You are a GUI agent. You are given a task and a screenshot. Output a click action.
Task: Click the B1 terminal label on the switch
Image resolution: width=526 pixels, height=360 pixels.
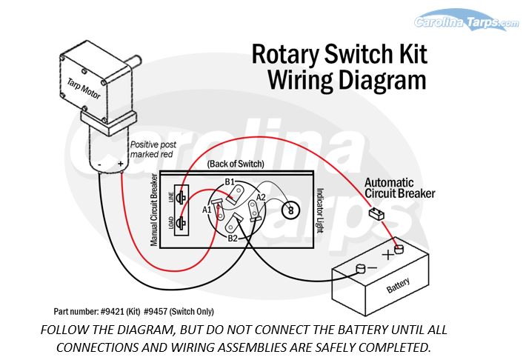pos(230,181)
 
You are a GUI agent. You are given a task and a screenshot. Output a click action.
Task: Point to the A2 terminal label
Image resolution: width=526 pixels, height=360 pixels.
pos(261,197)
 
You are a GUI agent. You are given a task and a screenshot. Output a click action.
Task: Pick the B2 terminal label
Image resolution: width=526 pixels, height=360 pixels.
pos(233,239)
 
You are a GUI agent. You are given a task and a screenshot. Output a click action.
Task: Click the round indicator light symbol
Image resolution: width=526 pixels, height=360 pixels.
pos(290,210)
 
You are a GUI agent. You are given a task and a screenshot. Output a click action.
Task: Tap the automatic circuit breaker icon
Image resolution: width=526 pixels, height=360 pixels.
pos(376,214)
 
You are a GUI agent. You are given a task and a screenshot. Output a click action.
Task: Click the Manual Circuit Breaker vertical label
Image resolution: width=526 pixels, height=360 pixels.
pos(155,210)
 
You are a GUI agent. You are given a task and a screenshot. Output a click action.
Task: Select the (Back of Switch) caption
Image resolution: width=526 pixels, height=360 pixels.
pos(234,163)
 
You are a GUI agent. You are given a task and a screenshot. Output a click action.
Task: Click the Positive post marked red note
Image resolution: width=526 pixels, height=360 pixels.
pos(153,150)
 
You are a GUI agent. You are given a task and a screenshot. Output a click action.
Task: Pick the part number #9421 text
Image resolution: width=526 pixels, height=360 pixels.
pos(93,312)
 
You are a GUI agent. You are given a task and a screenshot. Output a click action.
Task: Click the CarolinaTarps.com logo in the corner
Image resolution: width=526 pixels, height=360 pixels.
pos(467,22)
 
